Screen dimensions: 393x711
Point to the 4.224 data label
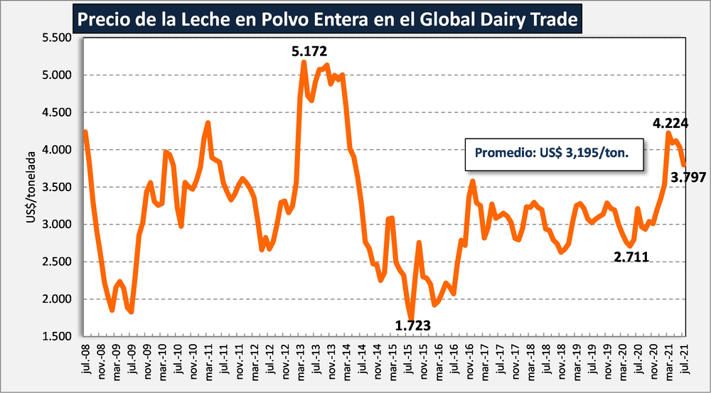[x=670, y=123]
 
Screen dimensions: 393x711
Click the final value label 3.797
[x=688, y=178]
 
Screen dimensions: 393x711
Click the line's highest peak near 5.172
[x=304, y=63]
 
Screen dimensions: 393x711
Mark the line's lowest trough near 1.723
[x=411, y=318]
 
